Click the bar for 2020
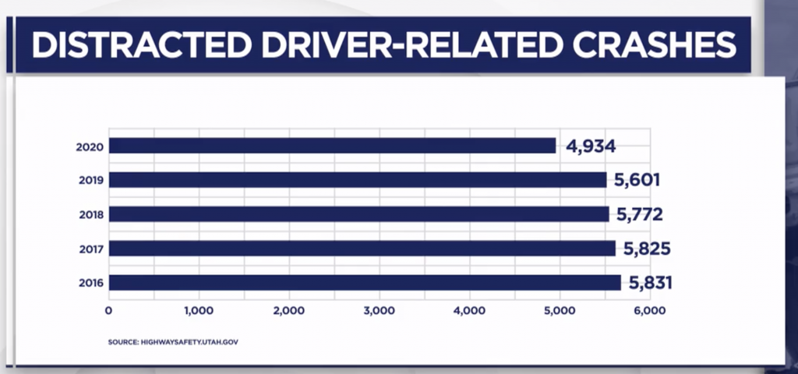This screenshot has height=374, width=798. [332, 146]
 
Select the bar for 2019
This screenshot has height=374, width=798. [357, 180]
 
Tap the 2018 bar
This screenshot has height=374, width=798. [358, 214]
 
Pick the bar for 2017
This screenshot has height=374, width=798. [362, 249]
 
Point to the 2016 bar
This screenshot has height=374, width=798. [365, 282]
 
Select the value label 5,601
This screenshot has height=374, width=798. [636, 180]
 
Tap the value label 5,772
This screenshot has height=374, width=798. [638, 214]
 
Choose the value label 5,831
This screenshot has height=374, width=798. [648, 282]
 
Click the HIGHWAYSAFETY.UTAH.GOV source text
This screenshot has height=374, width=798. [192, 341]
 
